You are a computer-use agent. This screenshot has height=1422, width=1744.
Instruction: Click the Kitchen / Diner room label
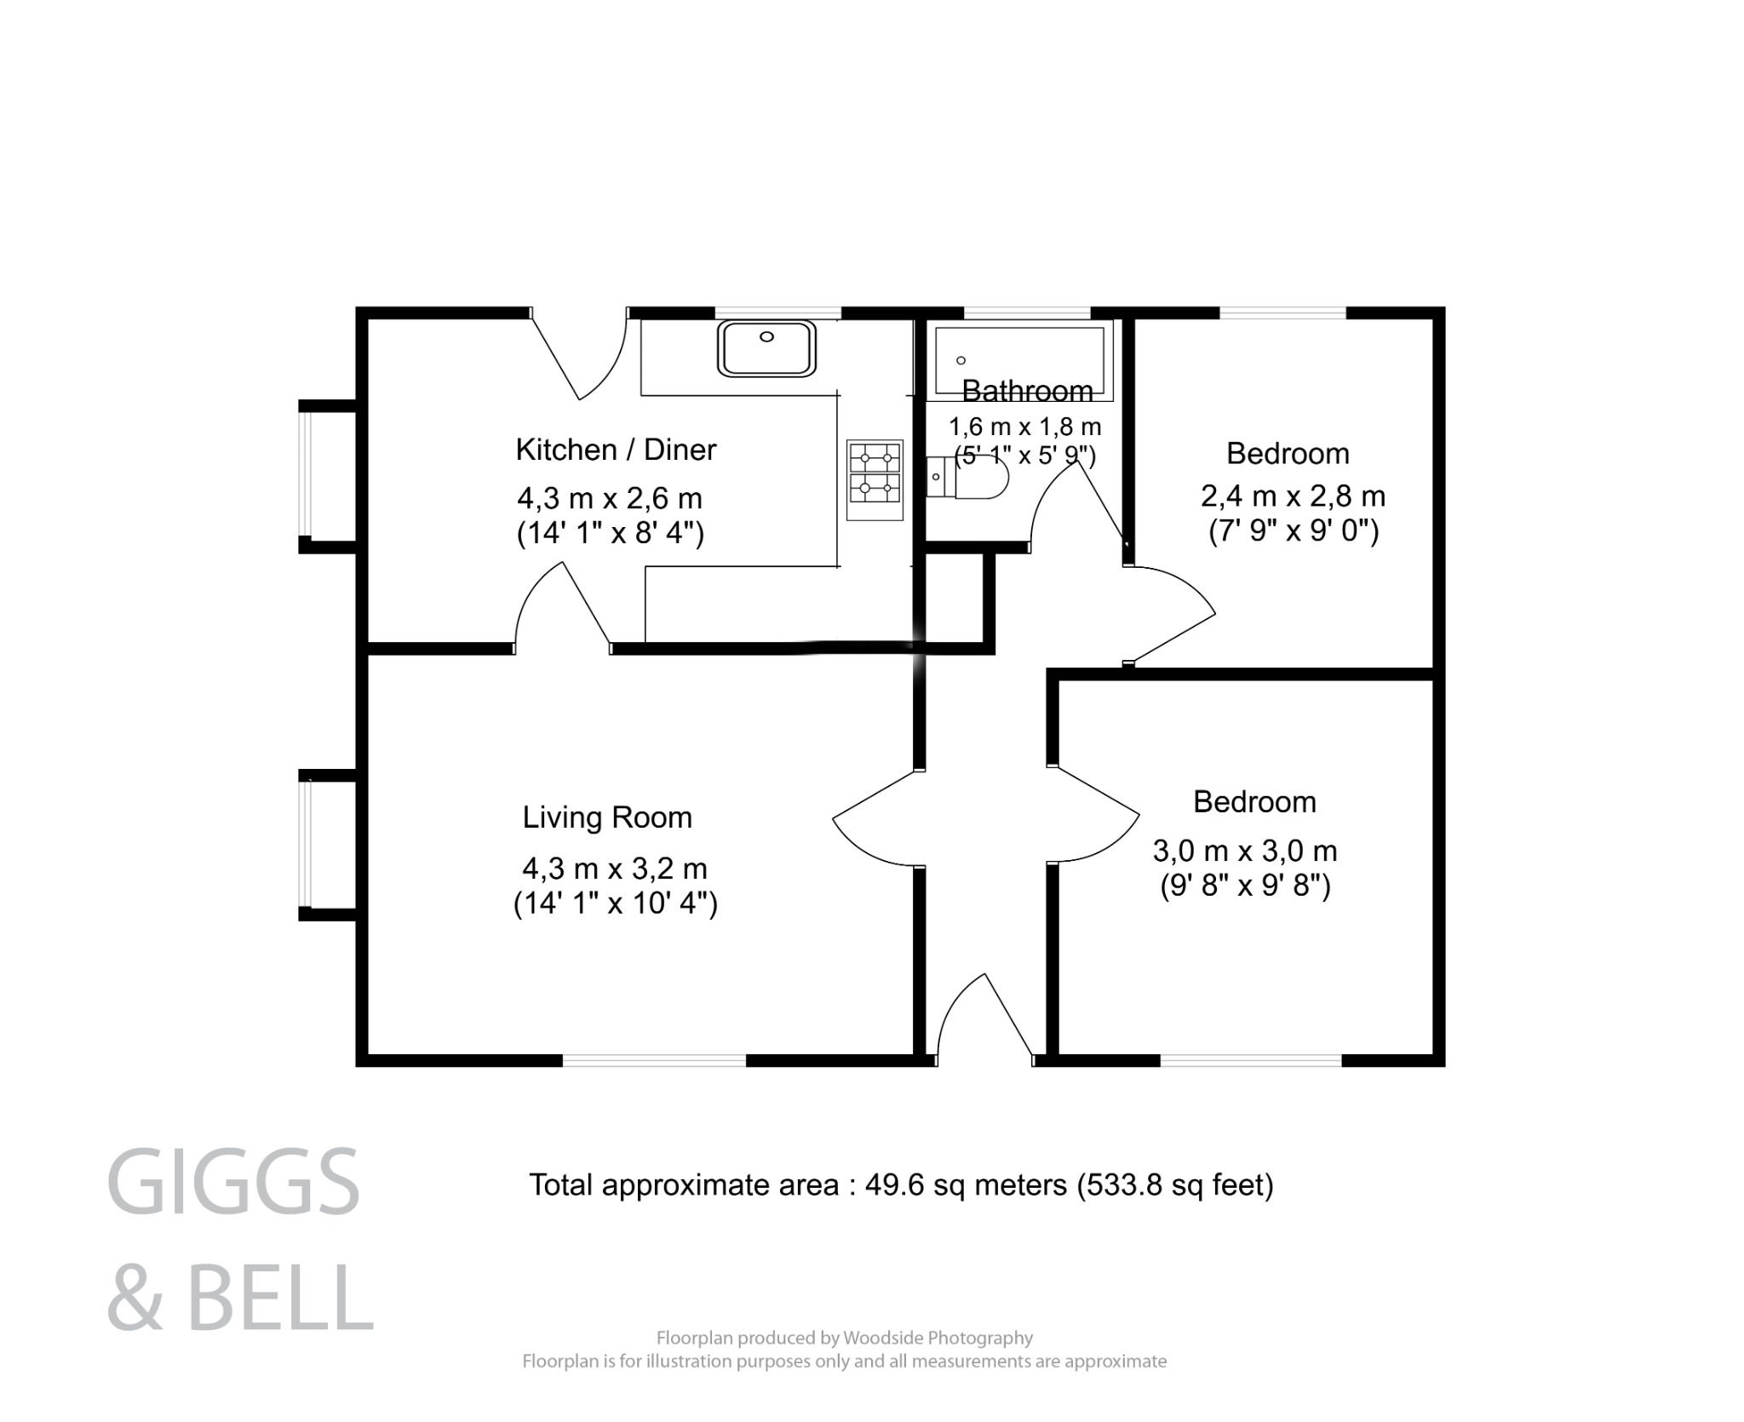coord(616,450)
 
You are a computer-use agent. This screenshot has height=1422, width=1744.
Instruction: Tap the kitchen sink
coord(766,348)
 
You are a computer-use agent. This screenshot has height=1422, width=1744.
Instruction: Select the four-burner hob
coord(875,479)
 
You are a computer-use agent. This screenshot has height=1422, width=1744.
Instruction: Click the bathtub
coord(1019,362)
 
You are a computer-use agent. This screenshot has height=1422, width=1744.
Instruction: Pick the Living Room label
coord(607,817)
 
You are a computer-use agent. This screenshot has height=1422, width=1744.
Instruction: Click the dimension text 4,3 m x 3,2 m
coord(614,869)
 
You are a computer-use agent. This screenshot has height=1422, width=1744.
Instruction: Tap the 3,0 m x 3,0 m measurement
coord(1244,851)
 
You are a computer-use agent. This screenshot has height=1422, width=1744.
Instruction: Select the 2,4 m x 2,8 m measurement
coord(1293,496)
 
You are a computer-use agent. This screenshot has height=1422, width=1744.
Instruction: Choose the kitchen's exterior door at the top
coord(583,358)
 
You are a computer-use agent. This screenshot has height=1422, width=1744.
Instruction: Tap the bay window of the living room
coord(306,845)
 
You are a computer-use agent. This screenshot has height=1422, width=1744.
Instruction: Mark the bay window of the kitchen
coord(306,477)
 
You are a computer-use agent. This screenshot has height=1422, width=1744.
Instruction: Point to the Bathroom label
coord(1027,391)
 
